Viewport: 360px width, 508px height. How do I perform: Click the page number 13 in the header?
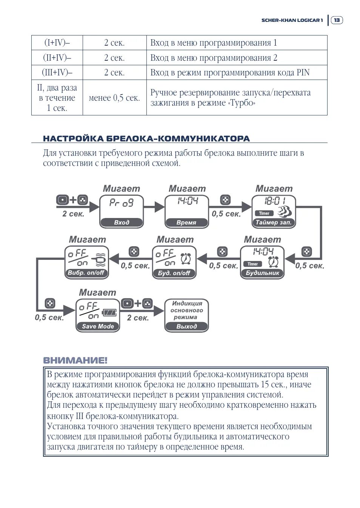337,20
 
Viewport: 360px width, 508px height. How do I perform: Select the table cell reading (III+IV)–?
57,72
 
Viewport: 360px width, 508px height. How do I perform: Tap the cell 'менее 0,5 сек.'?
114,98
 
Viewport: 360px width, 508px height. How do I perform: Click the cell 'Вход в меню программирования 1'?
214,43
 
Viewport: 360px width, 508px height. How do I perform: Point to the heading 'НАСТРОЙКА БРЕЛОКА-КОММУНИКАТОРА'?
146,138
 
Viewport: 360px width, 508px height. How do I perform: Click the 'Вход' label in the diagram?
122,223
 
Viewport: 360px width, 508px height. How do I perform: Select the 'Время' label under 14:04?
186,223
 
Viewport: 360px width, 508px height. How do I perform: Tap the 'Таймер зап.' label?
274,223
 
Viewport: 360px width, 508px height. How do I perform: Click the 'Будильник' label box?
262,273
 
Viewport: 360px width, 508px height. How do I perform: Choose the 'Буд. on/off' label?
174,273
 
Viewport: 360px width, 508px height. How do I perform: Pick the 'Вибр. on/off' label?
86,273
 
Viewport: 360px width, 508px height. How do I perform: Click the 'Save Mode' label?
98,326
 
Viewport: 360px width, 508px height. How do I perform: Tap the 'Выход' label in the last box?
186,326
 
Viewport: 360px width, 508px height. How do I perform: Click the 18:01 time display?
275,201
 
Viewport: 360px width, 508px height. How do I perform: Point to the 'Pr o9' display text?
122,203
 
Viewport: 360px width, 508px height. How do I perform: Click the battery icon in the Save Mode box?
110,313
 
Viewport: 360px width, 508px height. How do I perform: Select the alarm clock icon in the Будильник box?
274,261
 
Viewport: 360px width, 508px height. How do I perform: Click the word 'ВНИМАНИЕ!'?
75,360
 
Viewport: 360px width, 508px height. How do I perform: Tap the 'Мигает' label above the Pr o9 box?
122,189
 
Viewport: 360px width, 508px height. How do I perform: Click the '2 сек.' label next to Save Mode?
138,318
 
